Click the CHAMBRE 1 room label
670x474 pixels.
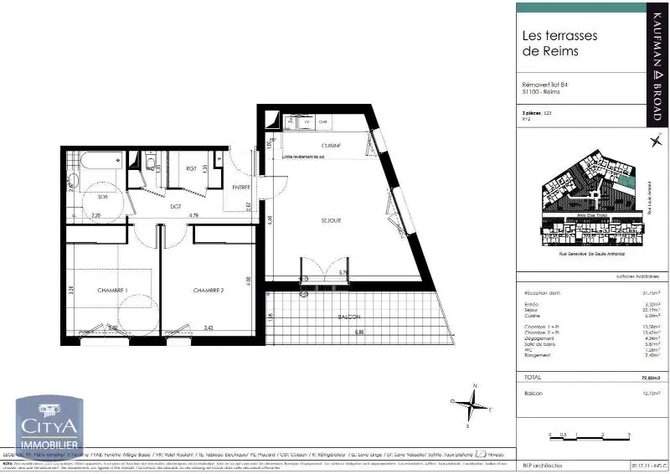pos(111,291)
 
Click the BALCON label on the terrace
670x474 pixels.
pos(349,317)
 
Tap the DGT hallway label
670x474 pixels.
pos(177,206)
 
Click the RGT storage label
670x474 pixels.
pos(191,168)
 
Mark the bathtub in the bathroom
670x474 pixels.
pos(99,159)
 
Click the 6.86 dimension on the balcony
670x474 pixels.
pos(359,332)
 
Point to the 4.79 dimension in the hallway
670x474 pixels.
pos(193,216)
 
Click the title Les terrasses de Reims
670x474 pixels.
pos(550,43)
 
